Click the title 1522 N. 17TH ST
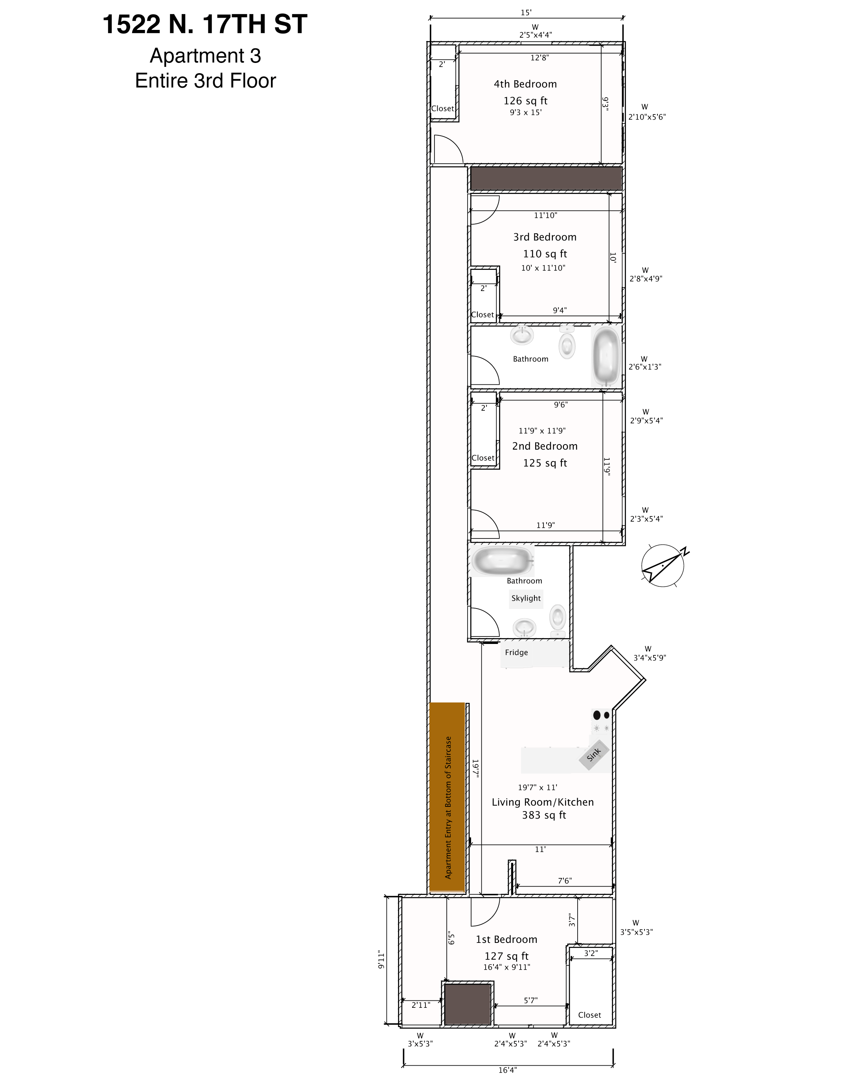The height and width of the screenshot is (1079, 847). [x=205, y=24]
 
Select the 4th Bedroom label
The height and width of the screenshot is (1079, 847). [x=525, y=84]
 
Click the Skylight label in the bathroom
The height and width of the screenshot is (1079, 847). [x=526, y=598]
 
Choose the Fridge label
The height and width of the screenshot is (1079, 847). [x=516, y=652]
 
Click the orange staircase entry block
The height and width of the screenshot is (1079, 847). [x=447, y=797]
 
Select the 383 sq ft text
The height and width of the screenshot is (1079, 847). [x=544, y=815]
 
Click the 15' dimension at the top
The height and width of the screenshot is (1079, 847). [x=526, y=13]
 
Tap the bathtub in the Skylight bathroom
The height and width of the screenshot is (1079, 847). [x=503, y=561]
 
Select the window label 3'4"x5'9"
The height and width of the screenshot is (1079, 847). [x=650, y=658]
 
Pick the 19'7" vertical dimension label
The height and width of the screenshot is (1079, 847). [x=475, y=769]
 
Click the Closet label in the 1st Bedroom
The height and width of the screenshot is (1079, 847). [x=589, y=1015]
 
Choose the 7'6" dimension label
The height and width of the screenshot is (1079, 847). [x=565, y=881]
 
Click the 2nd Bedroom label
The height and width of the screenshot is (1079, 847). [x=545, y=446]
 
